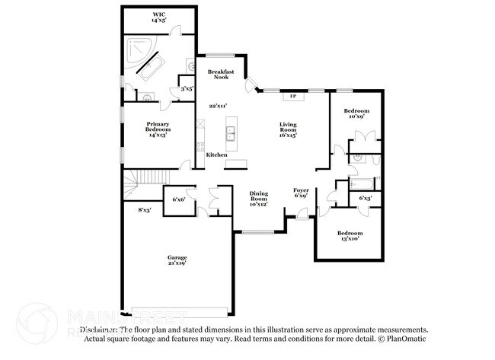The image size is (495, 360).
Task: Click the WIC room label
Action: (x=158, y=17)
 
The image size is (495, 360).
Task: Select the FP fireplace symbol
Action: (x=292, y=97)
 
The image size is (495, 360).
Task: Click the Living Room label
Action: (x=288, y=129)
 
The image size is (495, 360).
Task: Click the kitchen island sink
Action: (x=230, y=135)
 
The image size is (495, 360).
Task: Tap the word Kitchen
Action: (x=217, y=155)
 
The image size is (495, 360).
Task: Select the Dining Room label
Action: (x=259, y=198)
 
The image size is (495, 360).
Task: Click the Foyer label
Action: (x=302, y=193)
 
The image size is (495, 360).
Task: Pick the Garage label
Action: (x=177, y=260)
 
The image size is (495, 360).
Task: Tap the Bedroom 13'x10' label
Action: (x=350, y=236)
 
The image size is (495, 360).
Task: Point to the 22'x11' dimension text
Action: (x=219, y=106)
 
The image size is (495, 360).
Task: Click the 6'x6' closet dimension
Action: (x=180, y=199)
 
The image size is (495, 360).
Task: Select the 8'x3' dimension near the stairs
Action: (x=144, y=209)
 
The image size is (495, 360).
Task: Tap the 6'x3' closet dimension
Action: (x=366, y=199)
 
